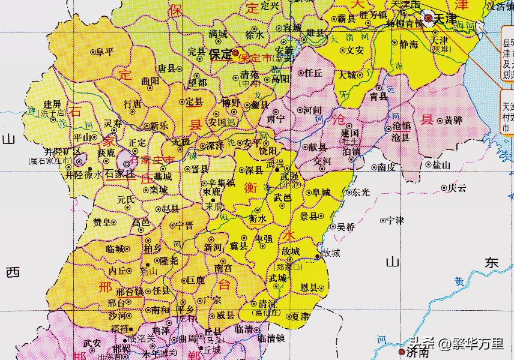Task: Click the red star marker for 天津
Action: coord(428,19)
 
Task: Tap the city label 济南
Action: coord(419,352)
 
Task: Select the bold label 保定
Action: coord(221,54)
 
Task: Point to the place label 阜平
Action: coord(105,52)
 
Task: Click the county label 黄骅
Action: coord(453,120)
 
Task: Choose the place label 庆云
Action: coord(457,188)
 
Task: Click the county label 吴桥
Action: coord(345,227)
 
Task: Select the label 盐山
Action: coord(441,164)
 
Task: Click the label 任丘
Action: coord(314,73)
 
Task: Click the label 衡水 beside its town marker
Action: coord(258,219)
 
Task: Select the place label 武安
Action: coord(92,343)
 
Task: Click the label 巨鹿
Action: coord(196,280)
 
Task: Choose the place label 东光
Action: coord(361,193)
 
